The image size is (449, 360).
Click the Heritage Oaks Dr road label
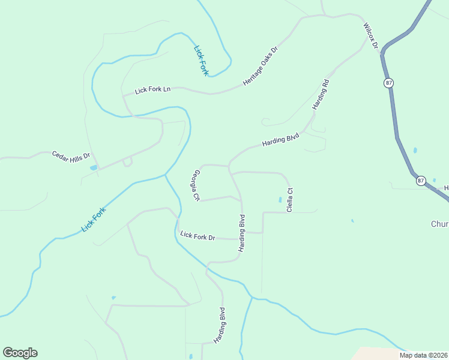[x=261, y=65]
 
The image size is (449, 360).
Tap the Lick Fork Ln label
[x=153, y=89]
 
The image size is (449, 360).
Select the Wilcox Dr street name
[x=370, y=36]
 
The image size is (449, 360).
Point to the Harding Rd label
[x=321, y=94]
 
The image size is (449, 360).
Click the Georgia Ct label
[x=196, y=185]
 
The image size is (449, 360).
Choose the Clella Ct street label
[x=289, y=200]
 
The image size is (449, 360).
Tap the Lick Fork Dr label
[x=197, y=236]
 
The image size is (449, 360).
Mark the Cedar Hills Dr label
[x=70, y=155]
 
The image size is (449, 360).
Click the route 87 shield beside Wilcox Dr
[x=389, y=83]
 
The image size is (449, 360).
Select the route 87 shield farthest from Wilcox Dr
[x=420, y=180]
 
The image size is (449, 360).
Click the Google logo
[x=20, y=353]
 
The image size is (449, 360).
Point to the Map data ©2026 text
[x=423, y=355]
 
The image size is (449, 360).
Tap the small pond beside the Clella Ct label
[x=280, y=199]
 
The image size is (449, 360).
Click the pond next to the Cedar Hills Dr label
[x=93, y=167]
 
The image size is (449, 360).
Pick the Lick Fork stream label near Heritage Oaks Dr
[x=201, y=60]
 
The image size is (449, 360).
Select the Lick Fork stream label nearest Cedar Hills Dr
[x=94, y=219]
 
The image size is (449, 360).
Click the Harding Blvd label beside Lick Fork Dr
[x=242, y=233]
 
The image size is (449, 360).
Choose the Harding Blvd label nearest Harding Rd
[x=280, y=141]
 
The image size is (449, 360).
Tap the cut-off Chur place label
[x=439, y=224]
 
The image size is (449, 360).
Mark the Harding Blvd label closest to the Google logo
[x=222, y=325]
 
